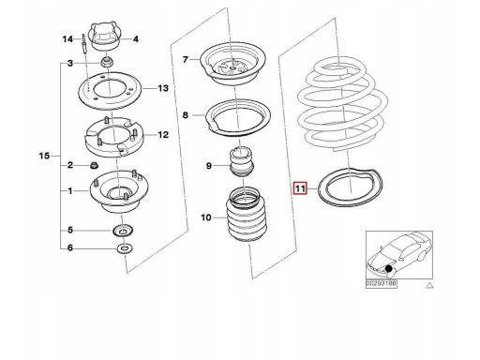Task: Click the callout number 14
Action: point(67,39)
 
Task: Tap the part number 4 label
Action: point(136,39)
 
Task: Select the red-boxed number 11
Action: point(300,188)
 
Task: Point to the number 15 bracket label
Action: point(44,156)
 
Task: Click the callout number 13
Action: point(163,88)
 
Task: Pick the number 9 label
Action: point(209,166)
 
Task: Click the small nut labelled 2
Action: point(94,165)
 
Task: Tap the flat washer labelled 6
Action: point(125,249)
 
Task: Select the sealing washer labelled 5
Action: point(123,232)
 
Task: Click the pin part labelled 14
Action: point(84,44)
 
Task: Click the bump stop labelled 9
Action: point(242,162)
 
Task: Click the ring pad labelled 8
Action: point(238,118)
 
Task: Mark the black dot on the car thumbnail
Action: point(389,268)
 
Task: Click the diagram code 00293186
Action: point(381,284)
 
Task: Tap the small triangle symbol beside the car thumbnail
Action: point(430,285)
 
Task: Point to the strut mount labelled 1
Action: point(119,192)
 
